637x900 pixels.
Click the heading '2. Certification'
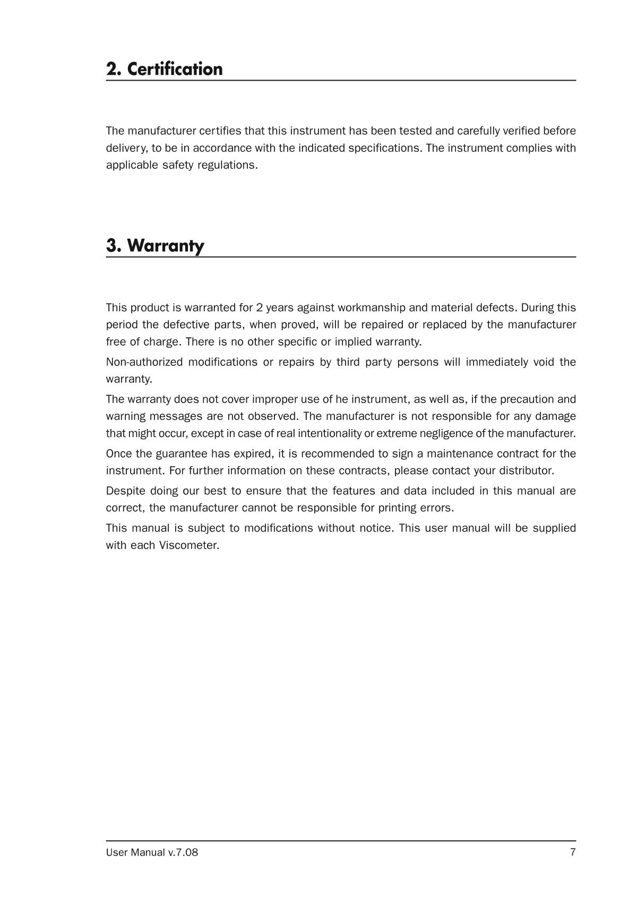[164, 69]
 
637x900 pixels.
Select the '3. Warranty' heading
[155, 246]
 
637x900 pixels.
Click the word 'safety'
[178, 165]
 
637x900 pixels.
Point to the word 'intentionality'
[329, 433]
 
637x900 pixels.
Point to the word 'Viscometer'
[188, 545]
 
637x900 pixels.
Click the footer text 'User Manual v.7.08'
[152, 853]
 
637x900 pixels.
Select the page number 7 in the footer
[572, 853]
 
